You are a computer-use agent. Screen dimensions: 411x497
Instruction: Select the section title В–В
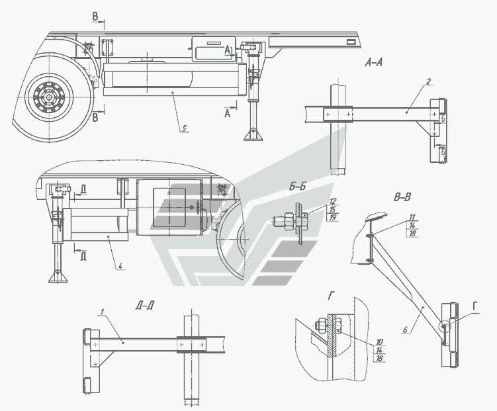click(404, 197)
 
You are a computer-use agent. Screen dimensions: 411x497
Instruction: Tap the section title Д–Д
click(145, 306)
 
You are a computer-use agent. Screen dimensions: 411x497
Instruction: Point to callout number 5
click(183, 128)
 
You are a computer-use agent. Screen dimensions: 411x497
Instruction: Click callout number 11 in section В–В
click(411, 217)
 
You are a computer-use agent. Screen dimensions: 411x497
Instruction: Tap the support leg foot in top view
click(253, 134)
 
